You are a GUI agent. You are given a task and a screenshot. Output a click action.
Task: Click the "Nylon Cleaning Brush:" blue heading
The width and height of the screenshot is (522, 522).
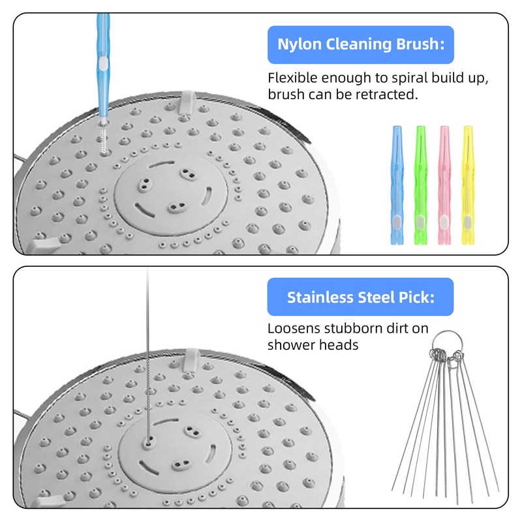(361, 44)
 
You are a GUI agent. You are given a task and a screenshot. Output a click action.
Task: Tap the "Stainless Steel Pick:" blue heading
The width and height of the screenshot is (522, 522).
(361, 297)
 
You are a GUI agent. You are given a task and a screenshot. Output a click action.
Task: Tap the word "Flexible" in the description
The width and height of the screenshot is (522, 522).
(291, 78)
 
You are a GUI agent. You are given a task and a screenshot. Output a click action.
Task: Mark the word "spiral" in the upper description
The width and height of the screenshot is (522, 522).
(402, 78)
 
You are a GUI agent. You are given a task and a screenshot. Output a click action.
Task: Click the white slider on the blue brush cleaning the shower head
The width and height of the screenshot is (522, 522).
(102, 63)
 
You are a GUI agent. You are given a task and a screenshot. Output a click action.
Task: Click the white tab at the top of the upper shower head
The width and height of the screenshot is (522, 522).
(186, 99)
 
